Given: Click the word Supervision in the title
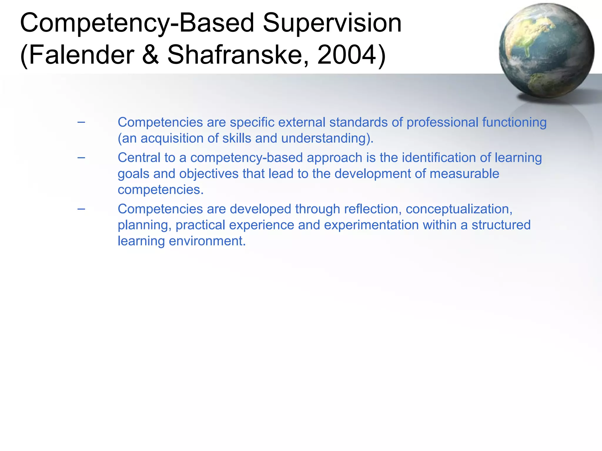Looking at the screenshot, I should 332,23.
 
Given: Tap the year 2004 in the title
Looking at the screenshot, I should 347,55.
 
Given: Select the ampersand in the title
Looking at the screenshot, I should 150,55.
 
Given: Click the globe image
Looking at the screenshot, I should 546,51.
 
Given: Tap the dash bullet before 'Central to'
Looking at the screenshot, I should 81,158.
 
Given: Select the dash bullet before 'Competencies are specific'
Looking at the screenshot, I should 81,122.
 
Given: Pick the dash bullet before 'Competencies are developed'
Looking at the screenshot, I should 81,209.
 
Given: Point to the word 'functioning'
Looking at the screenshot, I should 514,122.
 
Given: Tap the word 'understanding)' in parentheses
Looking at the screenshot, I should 327,138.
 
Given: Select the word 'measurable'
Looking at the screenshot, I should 464,174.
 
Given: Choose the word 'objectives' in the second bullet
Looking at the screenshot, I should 209,174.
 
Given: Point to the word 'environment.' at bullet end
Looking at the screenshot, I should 207,241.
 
